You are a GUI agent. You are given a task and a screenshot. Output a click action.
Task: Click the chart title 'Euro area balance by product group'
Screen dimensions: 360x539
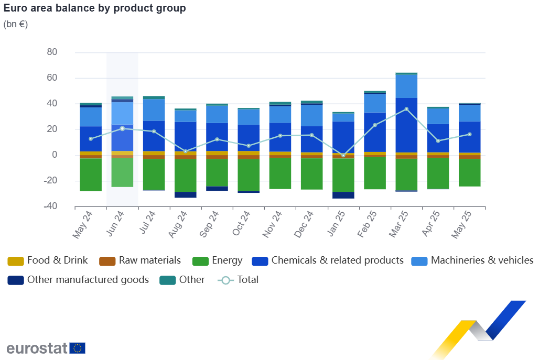tap(94, 9)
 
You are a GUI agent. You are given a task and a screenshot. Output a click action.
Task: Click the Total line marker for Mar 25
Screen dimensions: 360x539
tap(406, 109)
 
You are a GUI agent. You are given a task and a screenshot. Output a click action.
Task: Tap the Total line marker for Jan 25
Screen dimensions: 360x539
tap(343, 156)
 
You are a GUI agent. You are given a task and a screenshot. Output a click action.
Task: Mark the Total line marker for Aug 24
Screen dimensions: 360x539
tap(186, 151)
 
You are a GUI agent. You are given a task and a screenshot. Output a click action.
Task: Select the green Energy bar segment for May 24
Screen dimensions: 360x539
tap(91, 174)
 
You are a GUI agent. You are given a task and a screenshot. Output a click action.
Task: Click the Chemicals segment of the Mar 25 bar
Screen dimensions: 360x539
tap(406, 125)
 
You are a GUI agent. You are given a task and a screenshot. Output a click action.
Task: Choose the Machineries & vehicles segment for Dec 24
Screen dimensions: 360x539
tap(311, 115)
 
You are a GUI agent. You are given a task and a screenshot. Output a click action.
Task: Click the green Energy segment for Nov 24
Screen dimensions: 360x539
tap(280, 173)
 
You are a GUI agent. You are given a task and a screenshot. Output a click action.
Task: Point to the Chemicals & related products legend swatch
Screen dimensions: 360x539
tap(261, 261)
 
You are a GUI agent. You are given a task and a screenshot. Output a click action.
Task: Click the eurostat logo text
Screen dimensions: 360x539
tap(37, 348)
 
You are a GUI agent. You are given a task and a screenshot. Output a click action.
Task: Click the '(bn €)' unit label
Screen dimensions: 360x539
tap(16, 24)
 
